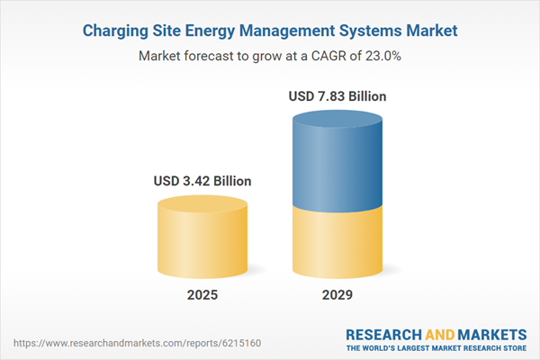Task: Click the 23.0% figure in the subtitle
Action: [x=381, y=56]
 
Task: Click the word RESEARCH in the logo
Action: [x=387, y=334]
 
